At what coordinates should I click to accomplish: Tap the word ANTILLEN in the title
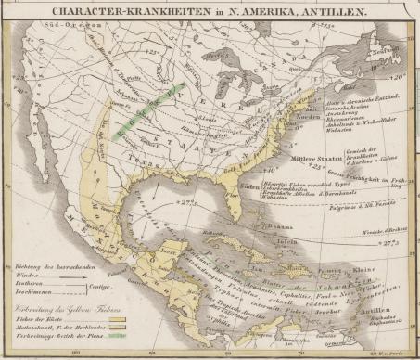pyautogui.click(x=325, y=13)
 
